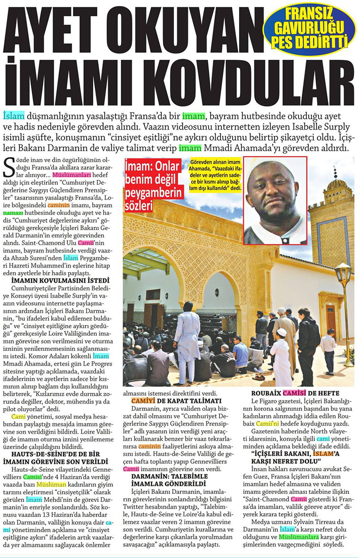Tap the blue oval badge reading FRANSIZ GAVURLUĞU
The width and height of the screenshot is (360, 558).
coord(309,29)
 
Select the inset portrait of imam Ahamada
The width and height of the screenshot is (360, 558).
coord(275,200)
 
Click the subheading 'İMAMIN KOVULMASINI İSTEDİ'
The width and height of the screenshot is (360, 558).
coord(60,279)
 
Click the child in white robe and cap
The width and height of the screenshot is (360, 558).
coord(281,357)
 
